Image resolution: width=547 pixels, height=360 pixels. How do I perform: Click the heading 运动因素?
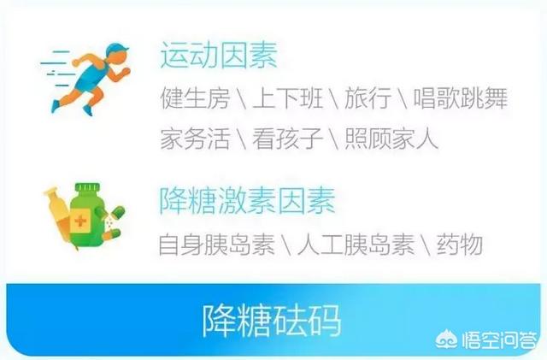(x=219, y=55)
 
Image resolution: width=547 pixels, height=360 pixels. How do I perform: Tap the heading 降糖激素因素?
(x=247, y=200)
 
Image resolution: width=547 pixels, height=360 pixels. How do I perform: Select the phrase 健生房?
(x=196, y=98)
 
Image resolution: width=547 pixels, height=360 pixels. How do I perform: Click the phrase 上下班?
(x=287, y=98)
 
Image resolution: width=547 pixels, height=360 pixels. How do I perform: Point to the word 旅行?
(x=368, y=98)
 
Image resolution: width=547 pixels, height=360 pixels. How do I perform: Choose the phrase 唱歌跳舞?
(x=460, y=98)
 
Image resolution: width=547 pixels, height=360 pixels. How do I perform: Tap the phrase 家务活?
(x=196, y=139)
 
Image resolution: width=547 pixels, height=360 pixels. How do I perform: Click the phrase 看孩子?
(x=287, y=139)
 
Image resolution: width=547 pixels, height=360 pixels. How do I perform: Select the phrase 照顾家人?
(x=391, y=139)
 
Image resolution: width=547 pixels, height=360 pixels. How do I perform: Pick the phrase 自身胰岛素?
(x=216, y=244)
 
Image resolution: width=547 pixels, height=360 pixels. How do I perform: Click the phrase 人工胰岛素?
(x=356, y=244)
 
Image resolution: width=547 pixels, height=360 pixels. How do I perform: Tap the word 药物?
(x=460, y=244)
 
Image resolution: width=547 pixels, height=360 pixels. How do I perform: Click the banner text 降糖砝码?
(x=272, y=321)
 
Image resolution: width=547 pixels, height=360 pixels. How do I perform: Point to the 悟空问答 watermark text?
(x=499, y=340)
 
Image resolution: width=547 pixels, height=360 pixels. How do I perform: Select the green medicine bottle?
(x=87, y=214)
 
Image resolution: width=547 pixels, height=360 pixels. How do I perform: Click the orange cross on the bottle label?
(x=80, y=221)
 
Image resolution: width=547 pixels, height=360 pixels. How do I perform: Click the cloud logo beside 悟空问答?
(x=447, y=339)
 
